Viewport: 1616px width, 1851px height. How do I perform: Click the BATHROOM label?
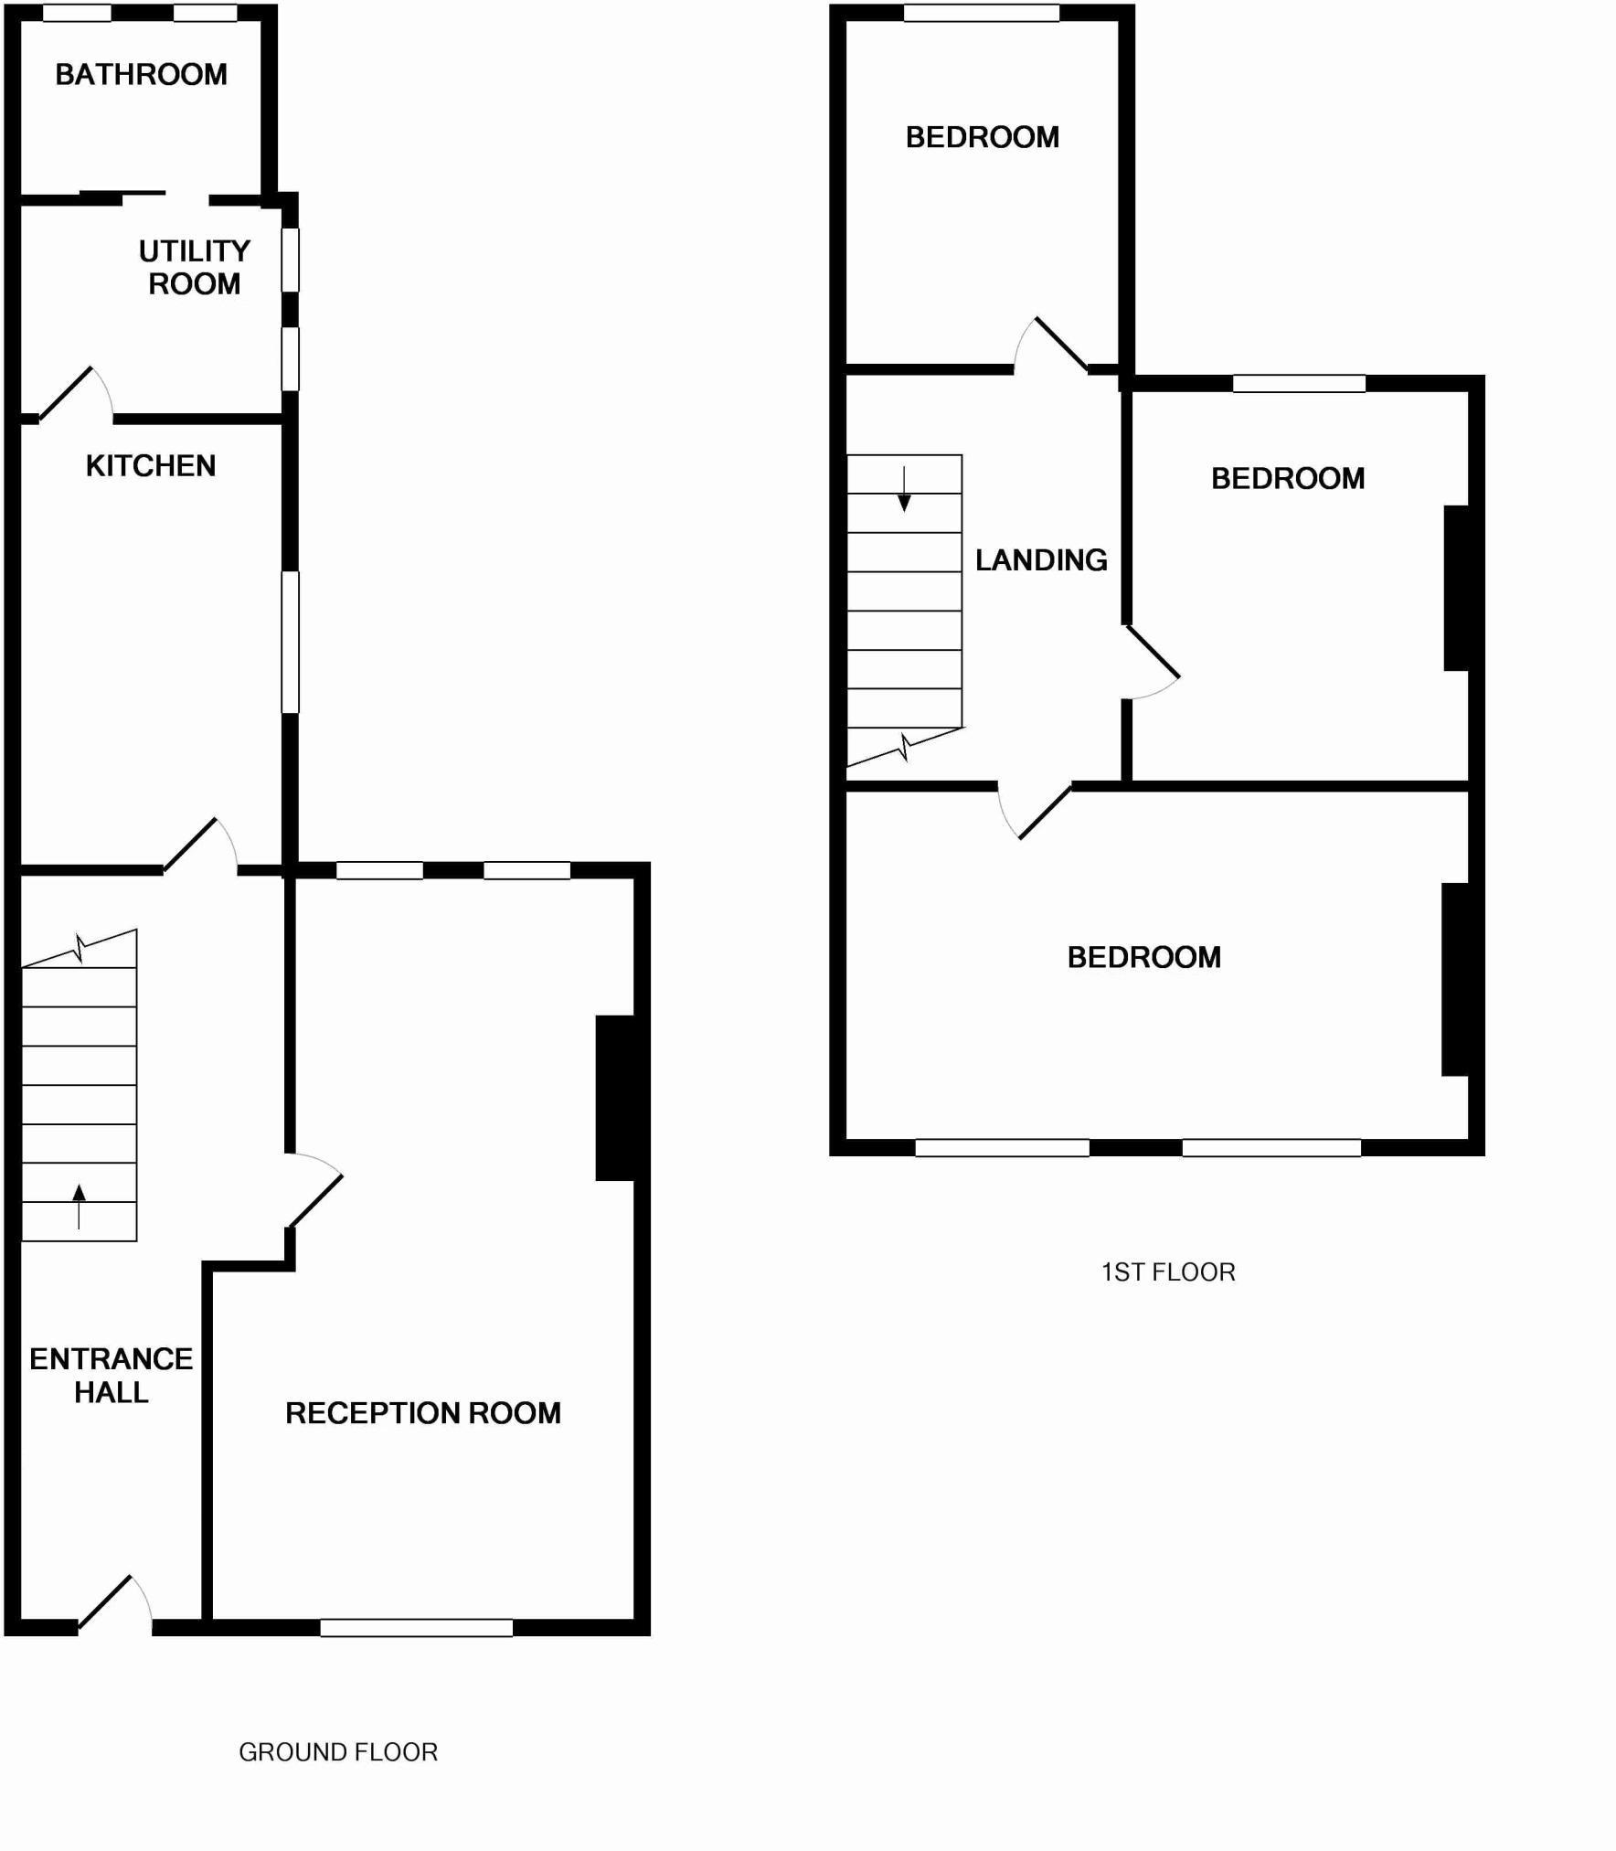click(141, 74)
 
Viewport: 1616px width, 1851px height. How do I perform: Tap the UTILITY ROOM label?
click(194, 267)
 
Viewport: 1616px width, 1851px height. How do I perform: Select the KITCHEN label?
click(151, 466)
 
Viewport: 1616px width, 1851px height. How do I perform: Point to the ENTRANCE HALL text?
click(111, 1376)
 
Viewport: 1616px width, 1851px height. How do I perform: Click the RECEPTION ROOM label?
click(422, 1413)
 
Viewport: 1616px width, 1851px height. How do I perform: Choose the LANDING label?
click(1041, 560)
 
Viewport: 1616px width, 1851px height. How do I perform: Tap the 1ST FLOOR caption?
click(1168, 1271)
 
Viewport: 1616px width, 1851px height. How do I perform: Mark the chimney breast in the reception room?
click(617, 1097)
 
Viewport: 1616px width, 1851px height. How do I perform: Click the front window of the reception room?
click(416, 1627)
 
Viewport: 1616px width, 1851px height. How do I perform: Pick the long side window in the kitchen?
click(290, 642)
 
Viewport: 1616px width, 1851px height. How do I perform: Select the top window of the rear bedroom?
click(981, 13)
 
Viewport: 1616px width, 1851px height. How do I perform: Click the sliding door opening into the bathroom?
click(122, 195)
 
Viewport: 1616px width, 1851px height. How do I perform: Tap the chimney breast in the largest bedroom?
click(1456, 979)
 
